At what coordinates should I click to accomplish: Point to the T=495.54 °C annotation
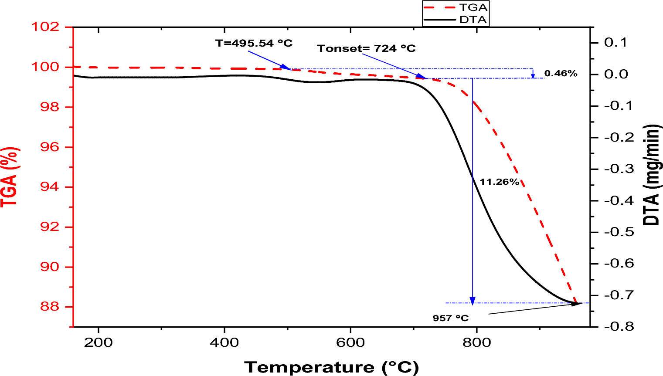[x=254, y=43]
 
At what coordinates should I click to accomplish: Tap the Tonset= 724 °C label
[x=366, y=48]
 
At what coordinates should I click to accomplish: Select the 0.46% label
[x=561, y=74]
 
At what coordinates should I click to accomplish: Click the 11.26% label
[x=500, y=182]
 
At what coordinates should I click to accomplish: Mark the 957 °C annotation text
[x=450, y=318]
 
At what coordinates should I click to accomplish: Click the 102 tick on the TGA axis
[x=45, y=27]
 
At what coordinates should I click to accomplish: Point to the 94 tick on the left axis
[x=49, y=187]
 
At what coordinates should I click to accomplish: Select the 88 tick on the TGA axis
[x=49, y=307]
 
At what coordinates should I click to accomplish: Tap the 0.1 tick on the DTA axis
[x=615, y=43]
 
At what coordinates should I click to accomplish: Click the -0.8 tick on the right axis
[x=619, y=327]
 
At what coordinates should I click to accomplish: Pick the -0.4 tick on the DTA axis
[x=619, y=200]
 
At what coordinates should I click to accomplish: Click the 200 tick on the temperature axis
[x=99, y=342]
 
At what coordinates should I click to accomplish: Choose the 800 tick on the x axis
[x=476, y=342]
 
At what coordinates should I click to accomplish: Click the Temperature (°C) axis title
[x=331, y=367]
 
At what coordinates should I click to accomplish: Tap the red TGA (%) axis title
[x=10, y=176]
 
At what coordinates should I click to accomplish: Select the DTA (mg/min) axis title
[x=652, y=174]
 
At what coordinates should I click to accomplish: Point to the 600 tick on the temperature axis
[x=350, y=342]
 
